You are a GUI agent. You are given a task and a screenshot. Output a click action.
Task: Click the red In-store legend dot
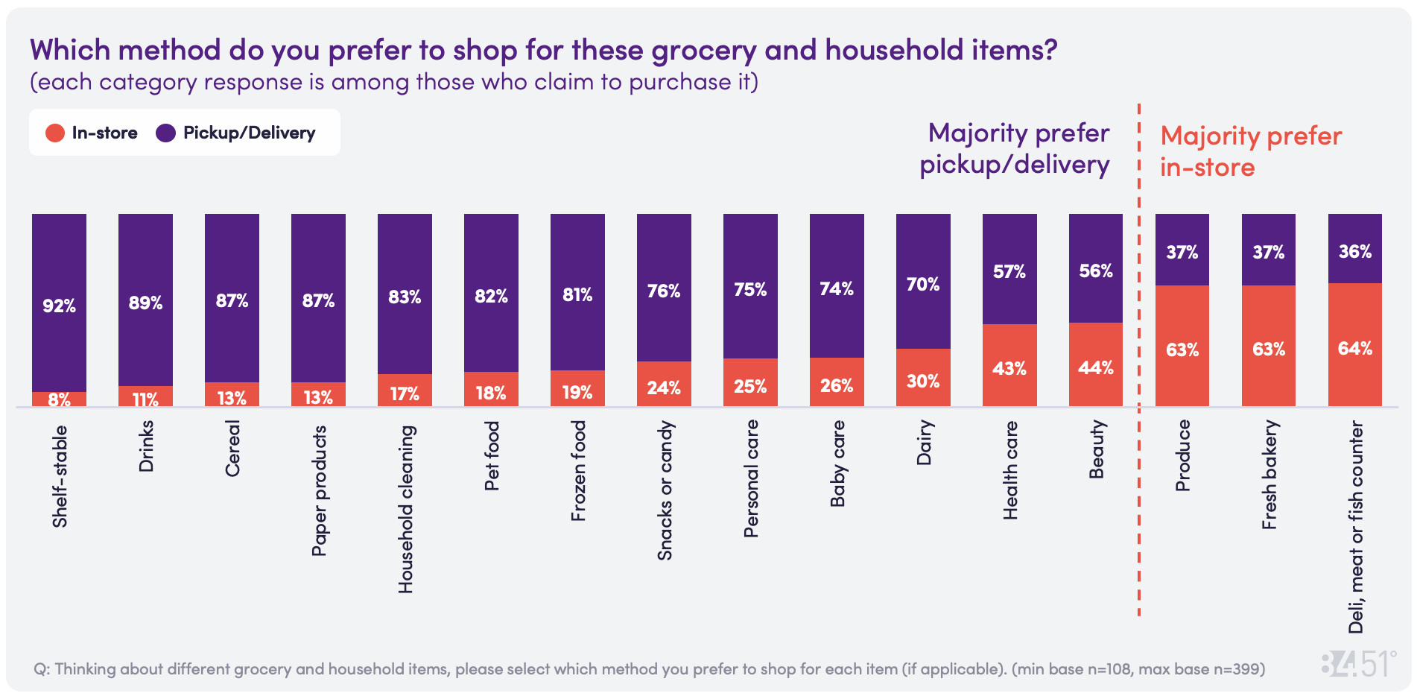coord(55,133)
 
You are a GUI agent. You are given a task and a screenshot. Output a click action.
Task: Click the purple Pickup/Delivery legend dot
coord(165,133)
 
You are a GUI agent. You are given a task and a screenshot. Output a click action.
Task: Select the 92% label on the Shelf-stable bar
coord(59,306)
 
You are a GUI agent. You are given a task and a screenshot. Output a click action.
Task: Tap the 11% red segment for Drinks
coord(145,396)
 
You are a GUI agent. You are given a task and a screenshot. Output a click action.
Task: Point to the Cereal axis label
coord(232,449)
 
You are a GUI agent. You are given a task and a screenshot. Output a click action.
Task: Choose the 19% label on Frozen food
coord(577,392)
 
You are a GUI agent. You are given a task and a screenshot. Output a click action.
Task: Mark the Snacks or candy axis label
coord(665,490)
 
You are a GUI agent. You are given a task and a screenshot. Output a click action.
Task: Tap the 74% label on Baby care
coord(837,288)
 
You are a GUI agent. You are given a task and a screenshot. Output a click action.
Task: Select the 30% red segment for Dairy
coord(923,378)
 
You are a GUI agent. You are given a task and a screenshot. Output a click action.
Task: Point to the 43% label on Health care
coord(1009,368)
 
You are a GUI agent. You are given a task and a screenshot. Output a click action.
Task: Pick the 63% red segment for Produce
coord(1182,347)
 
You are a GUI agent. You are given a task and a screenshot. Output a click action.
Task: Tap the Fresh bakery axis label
coord(1269,475)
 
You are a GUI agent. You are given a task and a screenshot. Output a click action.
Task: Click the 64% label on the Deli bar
coord(1355,348)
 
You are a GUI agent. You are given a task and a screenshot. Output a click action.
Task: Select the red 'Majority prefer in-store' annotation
coord(1250,151)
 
